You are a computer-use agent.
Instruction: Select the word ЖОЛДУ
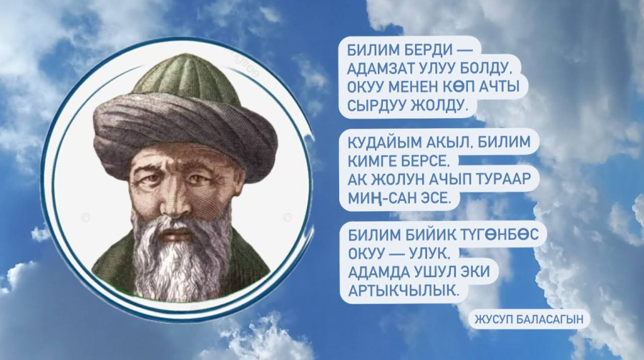coord(439,106)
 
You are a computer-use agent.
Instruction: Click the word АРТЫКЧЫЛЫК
coord(402,291)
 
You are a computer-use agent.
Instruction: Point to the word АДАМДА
coord(373,272)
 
